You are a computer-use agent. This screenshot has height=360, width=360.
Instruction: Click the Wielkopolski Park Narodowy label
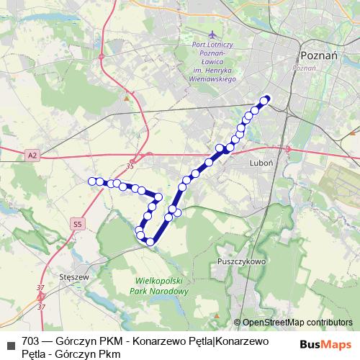pos(162,287)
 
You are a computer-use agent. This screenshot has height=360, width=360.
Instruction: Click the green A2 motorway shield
pos(32,155)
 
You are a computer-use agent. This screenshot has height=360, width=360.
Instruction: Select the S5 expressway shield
pos(77,225)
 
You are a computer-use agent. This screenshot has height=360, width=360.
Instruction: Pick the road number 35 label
pos(130,167)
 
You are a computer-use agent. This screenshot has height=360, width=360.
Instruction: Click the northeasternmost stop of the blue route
pos(266,99)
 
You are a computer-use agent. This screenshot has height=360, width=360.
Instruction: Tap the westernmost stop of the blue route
pos(92,181)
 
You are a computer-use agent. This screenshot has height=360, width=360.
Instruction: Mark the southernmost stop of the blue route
pos(150,241)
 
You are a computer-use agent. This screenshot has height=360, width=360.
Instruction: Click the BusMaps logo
pos(320,345)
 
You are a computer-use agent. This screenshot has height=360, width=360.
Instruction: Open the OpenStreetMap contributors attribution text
pos(297,323)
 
